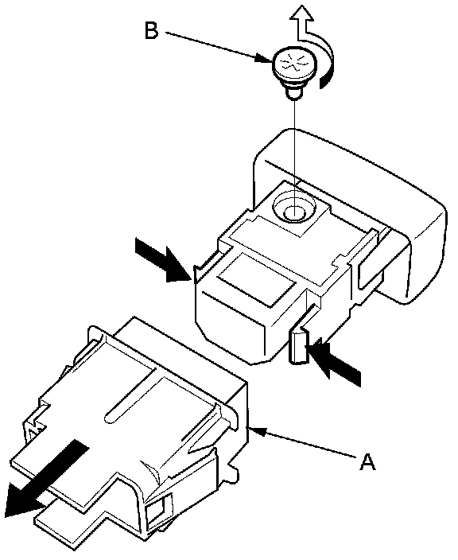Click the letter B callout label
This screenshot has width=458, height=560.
[151, 30]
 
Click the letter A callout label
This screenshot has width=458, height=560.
[367, 461]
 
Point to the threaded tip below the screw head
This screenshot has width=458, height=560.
[293, 93]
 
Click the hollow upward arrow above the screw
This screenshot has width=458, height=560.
[301, 22]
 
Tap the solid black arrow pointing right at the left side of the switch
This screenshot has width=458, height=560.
[163, 260]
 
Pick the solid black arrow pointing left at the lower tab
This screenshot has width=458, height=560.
[335, 363]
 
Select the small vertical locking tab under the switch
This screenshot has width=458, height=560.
[298, 347]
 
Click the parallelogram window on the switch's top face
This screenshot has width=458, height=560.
[257, 278]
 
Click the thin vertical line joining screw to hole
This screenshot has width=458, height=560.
[295, 157]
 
